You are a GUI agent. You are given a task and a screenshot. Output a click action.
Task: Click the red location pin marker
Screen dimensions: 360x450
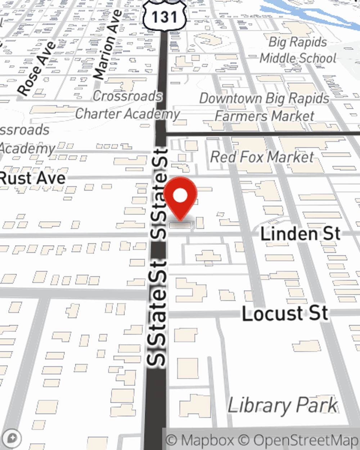tap(180, 198)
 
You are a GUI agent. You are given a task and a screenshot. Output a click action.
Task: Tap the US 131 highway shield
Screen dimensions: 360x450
tap(165, 16)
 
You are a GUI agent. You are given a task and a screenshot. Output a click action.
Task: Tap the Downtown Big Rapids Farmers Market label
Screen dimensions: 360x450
tap(264, 107)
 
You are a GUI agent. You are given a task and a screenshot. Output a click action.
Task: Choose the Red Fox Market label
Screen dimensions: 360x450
tap(262, 157)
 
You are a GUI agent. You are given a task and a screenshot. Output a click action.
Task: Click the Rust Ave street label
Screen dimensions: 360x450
tap(33, 178)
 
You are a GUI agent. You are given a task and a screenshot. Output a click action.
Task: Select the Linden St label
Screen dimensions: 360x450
tap(300, 234)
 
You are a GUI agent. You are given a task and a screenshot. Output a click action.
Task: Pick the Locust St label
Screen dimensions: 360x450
tap(285, 313)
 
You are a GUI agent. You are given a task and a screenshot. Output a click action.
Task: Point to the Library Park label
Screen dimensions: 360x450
tap(283, 406)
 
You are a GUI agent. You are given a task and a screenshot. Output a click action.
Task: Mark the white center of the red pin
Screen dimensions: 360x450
tap(180, 196)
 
